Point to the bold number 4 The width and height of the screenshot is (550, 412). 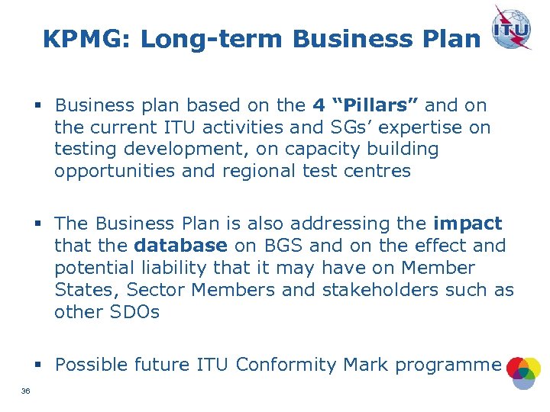coord(319,105)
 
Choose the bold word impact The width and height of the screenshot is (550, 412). coord(467,224)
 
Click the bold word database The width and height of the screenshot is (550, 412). coord(180,246)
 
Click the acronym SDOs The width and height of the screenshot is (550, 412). coord(134,312)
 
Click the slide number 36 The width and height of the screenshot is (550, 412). coord(25,392)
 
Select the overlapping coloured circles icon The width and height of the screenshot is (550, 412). coord(523,372)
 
